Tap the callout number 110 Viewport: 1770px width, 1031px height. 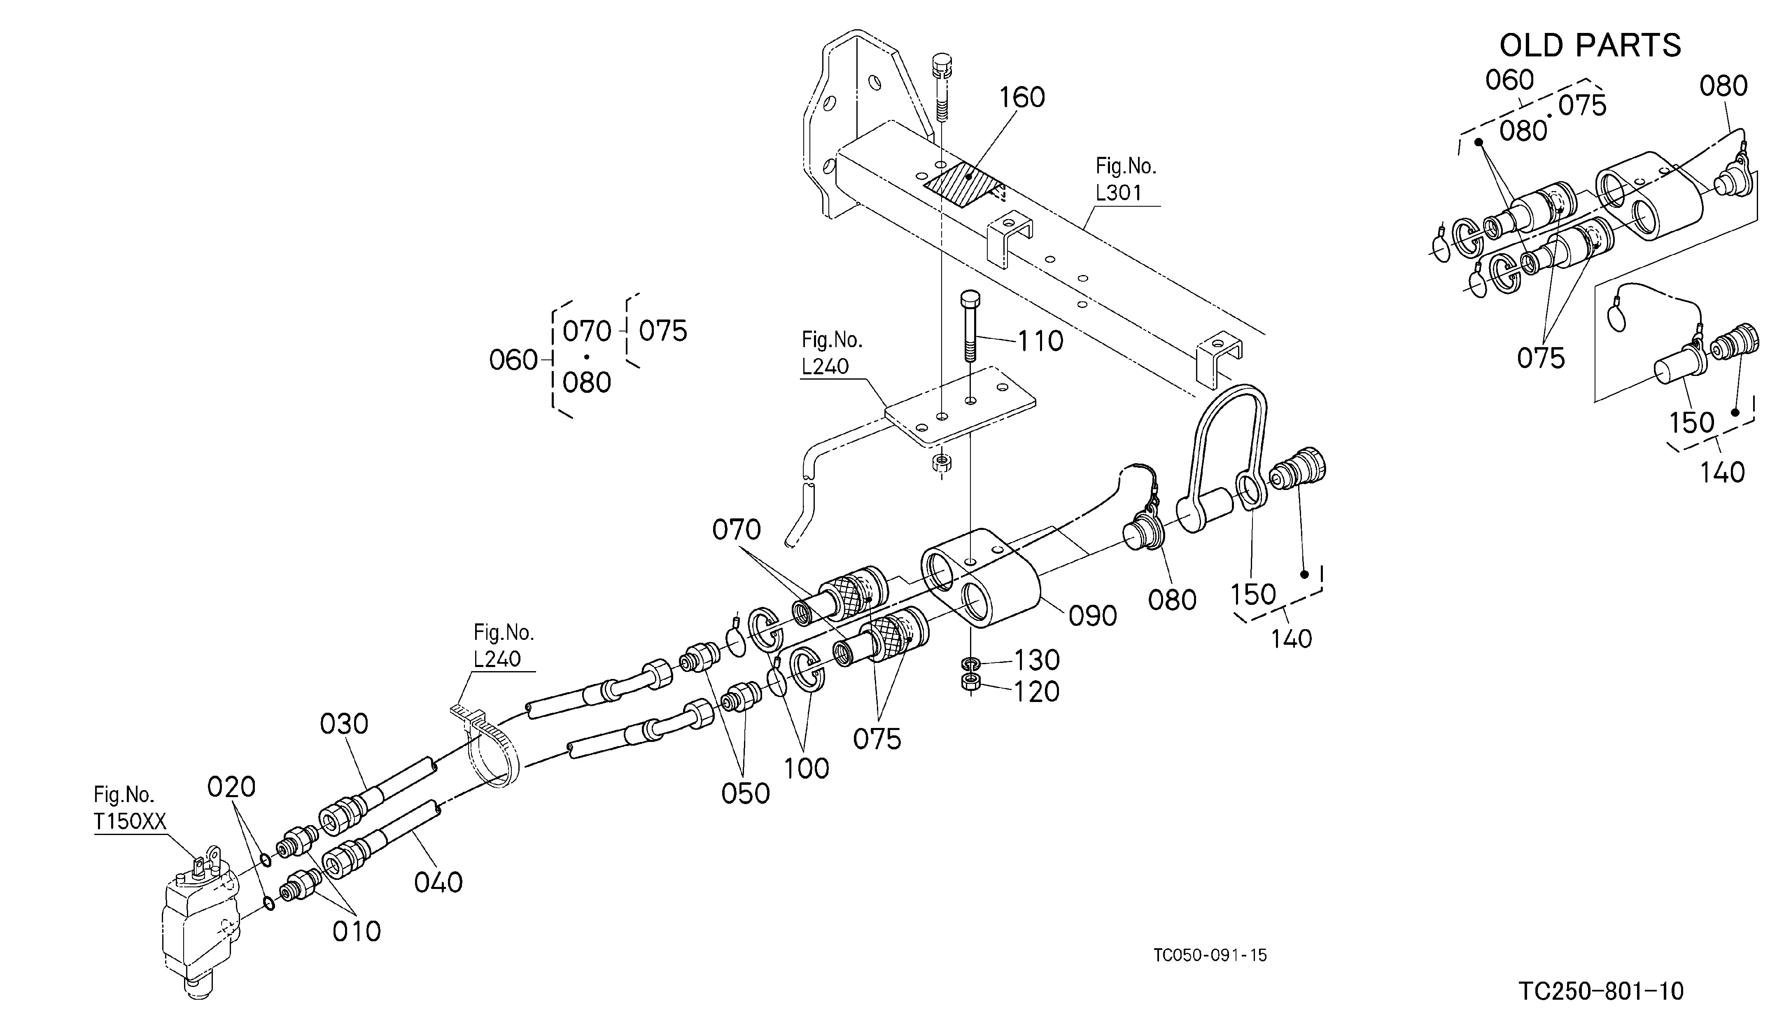tap(1040, 341)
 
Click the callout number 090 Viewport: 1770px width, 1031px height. tap(1093, 616)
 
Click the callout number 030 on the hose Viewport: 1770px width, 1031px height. tap(344, 724)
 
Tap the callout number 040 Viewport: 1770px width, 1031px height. tap(438, 882)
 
